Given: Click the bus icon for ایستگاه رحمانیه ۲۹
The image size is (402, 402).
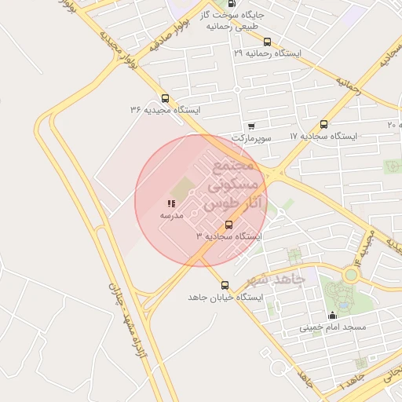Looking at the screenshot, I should pyautogui.click(x=267, y=42).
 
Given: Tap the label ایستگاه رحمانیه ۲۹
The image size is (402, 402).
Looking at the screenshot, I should pyautogui.click(x=268, y=53).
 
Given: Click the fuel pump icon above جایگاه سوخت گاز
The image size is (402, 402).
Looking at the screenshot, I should pyautogui.click(x=230, y=4).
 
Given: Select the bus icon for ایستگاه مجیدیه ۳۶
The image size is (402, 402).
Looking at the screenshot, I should pyautogui.click(x=165, y=98).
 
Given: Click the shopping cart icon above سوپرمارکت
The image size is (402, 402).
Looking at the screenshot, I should pyautogui.click(x=250, y=126).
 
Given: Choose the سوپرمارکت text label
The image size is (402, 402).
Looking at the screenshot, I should pyautogui.click(x=251, y=137).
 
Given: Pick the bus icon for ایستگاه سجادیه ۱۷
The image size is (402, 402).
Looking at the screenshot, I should pyautogui.click(x=323, y=124).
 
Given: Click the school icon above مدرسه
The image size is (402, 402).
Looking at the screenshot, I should pyautogui.click(x=171, y=203).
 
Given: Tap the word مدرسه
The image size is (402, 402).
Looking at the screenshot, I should pyautogui.click(x=171, y=214).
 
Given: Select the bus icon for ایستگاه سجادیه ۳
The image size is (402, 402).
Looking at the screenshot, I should pyautogui.click(x=228, y=225).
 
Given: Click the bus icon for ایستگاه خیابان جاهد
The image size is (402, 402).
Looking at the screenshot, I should pyautogui.click(x=225, y=285).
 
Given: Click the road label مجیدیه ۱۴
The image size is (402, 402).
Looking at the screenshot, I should pyautogui.click(x=360, y=246).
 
